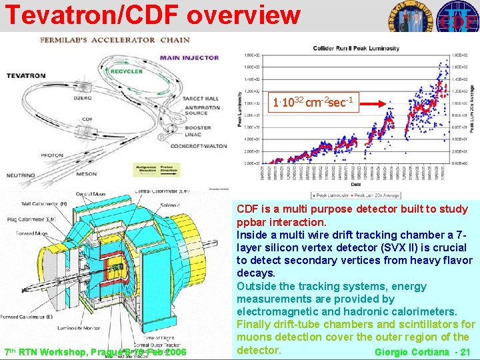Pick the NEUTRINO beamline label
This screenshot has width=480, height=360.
coord(21,175)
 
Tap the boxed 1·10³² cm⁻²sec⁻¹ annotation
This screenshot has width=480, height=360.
coord(315,103)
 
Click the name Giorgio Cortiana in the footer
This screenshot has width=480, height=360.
coord(414,351)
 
